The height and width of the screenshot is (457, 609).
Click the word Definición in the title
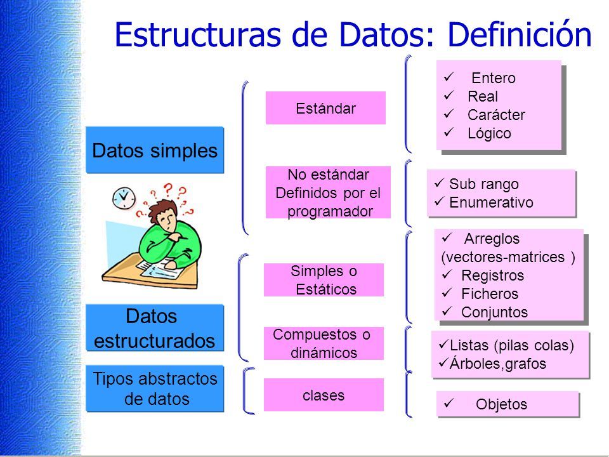point(520,34)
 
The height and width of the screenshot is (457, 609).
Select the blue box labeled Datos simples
point(155,150)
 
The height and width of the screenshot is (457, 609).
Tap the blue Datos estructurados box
point(155,328)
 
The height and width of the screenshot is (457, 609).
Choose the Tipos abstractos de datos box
point(155,388)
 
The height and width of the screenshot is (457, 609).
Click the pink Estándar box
point(325,108)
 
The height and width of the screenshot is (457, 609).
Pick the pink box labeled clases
point(324,395)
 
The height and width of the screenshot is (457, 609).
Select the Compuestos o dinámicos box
point(324,343)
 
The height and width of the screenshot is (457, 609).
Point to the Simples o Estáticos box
point(324,280)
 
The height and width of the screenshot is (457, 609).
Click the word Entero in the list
point(494,78)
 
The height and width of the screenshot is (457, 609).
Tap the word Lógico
point(489,133)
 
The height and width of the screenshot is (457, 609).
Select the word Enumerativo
point(491,202)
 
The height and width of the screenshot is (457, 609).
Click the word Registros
point(492,275)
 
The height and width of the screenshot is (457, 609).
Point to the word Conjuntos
point(494,312)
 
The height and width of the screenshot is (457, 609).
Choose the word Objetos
point(501,404)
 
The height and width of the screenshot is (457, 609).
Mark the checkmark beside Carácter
point(449,114)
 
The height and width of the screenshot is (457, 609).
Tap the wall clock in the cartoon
point(124,198)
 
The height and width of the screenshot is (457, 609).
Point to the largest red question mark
point(168,189)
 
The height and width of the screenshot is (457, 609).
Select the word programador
point(330,212)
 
